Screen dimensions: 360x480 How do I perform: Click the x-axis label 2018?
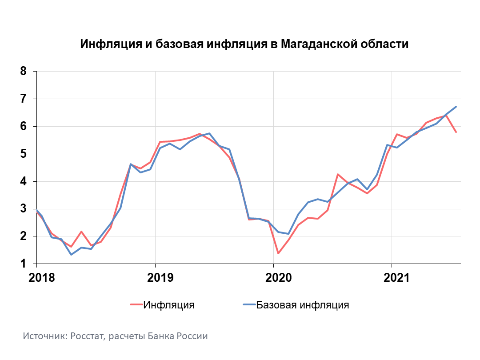[41, 278]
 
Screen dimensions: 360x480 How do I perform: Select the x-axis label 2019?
[160, 278]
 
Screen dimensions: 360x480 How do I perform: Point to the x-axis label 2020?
[278, 278]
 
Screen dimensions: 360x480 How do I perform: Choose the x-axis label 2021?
[396, 278]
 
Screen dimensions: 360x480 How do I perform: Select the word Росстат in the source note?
[86, 336]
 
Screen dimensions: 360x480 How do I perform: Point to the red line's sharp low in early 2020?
[278, 253]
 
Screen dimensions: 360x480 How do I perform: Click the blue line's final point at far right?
[456, 107]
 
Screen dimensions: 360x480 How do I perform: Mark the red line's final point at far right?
[456, 132]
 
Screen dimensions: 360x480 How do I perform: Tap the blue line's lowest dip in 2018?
[71, 255]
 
